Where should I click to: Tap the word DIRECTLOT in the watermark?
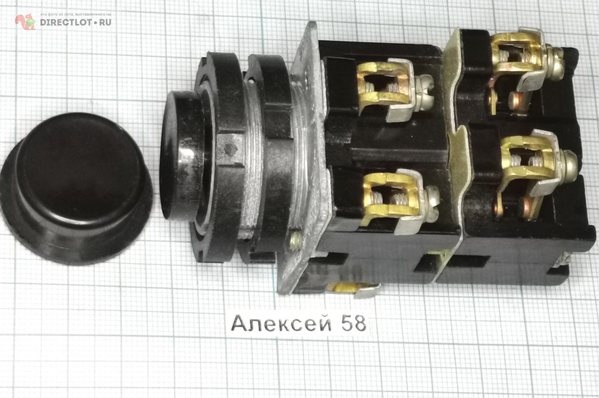tap(65, 22)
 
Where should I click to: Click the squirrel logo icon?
tap(25, 21)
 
